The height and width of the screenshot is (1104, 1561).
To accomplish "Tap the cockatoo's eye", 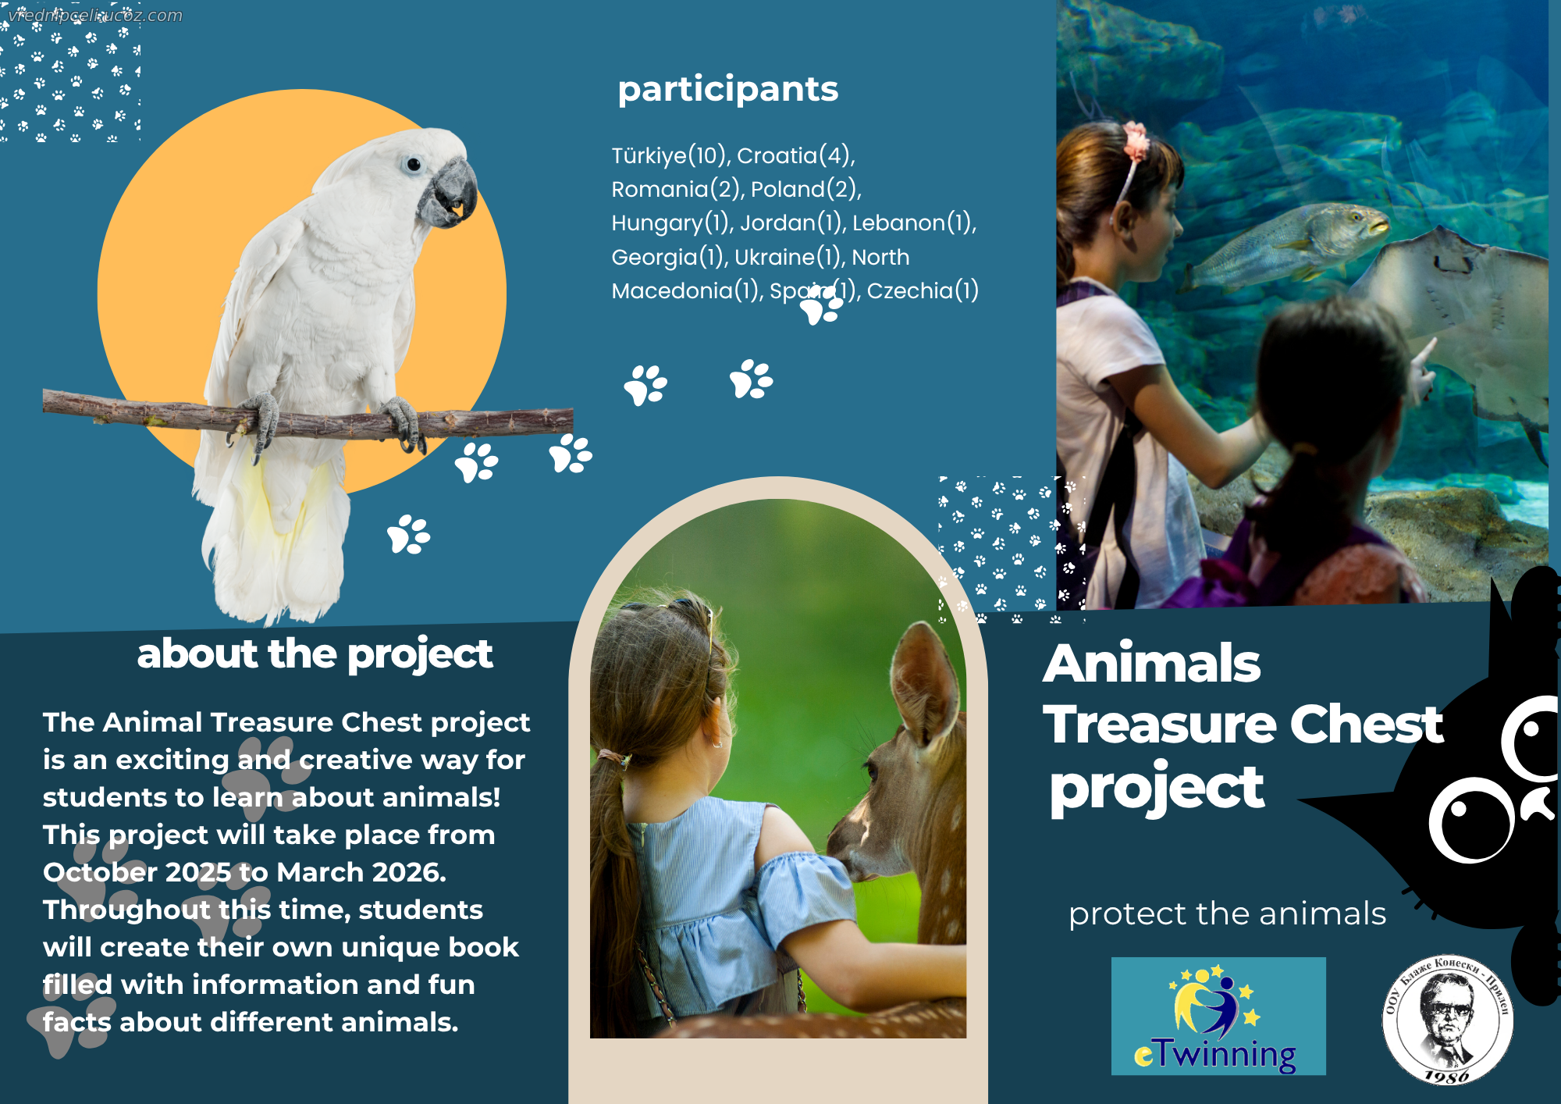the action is tap(413, 165).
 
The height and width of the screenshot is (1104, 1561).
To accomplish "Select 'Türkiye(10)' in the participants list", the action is tap(670, 156).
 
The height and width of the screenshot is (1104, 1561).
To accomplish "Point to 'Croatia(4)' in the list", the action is tap(795, 156).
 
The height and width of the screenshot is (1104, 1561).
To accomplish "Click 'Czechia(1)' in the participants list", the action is tap(923, 291).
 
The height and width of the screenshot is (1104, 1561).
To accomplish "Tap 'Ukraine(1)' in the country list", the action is tap(789, 258).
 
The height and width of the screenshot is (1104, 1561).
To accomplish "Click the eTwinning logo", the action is tap(1218, 1017).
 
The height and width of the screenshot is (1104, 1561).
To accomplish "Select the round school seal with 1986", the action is tap(1448, 1020).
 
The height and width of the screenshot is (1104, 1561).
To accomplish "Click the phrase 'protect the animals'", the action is tap(1227, 914).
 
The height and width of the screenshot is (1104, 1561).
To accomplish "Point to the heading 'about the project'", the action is tap(315, 654).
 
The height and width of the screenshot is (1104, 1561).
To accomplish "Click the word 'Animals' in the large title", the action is tap(1152, 664).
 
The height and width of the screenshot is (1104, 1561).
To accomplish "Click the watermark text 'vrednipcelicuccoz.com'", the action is tap(95, 16).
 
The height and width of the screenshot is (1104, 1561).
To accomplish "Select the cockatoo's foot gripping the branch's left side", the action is tap(263, 422).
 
